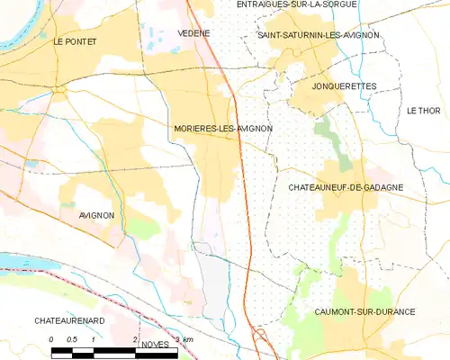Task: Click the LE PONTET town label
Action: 74,41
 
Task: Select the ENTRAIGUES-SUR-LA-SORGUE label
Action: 296,4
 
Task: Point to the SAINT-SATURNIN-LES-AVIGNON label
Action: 318,34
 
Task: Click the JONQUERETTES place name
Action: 343,85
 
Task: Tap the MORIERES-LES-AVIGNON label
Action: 222,129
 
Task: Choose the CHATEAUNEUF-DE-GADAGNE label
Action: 345,187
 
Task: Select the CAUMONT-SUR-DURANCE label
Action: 364,311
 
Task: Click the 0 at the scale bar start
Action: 51,338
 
